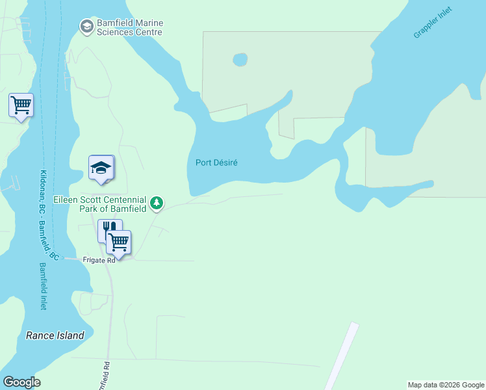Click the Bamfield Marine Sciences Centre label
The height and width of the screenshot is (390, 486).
coord(129,27)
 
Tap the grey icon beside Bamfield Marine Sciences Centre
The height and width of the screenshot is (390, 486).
coord(86,27)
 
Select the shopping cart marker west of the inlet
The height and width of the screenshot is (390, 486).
coord(21,105)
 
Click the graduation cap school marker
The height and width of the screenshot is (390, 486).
coord(101,168)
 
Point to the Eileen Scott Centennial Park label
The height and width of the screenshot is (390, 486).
coord(100,204)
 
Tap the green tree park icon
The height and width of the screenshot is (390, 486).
coord(157,204)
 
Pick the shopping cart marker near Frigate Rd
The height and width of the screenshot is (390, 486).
coord(118,242)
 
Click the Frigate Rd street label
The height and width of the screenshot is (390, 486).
coord(99,260)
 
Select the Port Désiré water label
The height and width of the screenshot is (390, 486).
coord(215,162)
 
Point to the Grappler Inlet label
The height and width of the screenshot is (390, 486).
coord(433,23)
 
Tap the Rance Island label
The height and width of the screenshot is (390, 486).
coord(55,335)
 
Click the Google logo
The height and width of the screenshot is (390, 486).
coord(21,382)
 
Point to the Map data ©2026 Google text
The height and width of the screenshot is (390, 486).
coord(445,385)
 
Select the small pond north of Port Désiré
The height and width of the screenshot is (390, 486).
coord(240,60)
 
